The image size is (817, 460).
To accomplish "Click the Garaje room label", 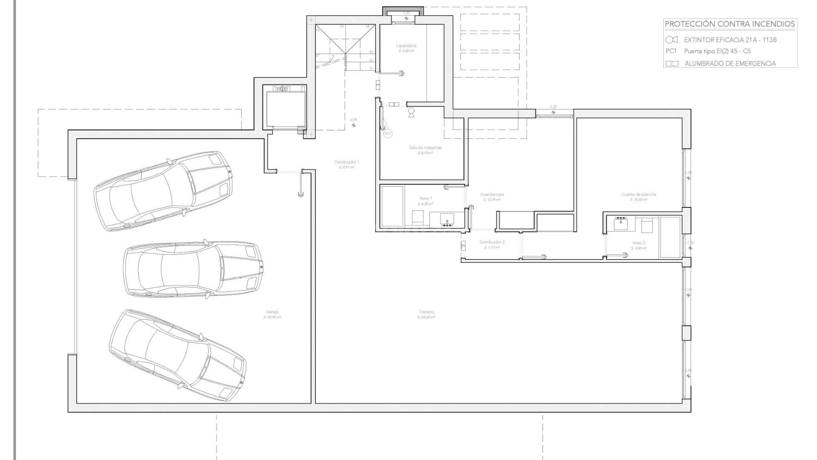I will tap(272, 312).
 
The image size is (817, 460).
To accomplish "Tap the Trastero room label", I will tap(426, 312).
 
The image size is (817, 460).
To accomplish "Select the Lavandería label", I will tap(406, 46).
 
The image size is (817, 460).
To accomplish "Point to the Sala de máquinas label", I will tap(425, 147).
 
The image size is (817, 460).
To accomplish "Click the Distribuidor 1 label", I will tap(346, 162).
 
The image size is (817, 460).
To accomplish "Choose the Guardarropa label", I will tap(492, 195).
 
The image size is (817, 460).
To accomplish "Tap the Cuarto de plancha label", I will tap(639, 195).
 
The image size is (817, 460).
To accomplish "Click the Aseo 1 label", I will tap(425, 198).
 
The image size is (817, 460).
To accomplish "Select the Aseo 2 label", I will tap(639, 243).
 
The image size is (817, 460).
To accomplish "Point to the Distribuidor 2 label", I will tap(492, 242).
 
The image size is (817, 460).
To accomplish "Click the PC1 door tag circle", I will tap(387, 134).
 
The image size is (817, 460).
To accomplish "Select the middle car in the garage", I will tap(192, 270).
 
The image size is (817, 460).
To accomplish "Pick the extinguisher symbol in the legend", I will tap(671, 40).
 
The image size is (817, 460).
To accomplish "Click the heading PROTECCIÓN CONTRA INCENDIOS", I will tap(730, 24).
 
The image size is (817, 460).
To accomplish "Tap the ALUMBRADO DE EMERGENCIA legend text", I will tap(730, 63).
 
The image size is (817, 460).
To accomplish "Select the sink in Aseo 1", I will tap(447, 219).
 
